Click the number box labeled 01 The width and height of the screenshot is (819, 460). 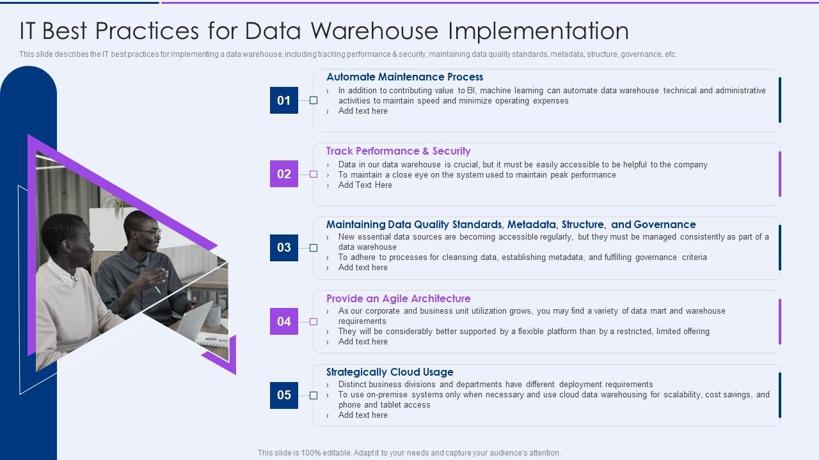pos(284,100)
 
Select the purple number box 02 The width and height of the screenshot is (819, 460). pos(284,174)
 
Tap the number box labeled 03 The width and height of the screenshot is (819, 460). pos(284,247)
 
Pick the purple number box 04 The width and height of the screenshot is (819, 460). pos(284,321)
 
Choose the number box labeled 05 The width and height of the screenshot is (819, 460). pos(284,395)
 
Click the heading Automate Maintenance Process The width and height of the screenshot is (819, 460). pos(404,77)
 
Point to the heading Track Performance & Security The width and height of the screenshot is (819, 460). pos(398,151)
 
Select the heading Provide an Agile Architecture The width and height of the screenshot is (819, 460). pos(398,298)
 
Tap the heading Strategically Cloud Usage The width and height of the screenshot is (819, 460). pos(390,372)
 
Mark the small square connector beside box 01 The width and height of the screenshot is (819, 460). pos(314,100)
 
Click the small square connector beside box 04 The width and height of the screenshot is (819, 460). pos(314,321)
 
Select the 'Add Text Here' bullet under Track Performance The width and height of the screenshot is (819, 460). pos(365,185)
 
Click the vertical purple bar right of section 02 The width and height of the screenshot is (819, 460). pos(779,174)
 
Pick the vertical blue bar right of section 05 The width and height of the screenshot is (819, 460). pos(779,395)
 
